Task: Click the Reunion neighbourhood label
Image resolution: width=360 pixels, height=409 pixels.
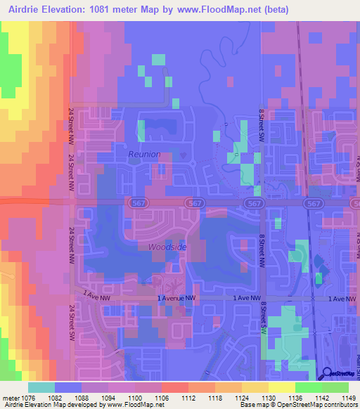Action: (144, 154)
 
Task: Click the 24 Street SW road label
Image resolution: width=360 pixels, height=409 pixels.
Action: (71, 324)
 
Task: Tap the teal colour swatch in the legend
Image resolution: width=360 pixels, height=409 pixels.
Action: (41, 387)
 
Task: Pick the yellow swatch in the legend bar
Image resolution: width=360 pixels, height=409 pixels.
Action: (281, 387)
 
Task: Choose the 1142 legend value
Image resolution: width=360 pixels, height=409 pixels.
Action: (310, 398)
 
